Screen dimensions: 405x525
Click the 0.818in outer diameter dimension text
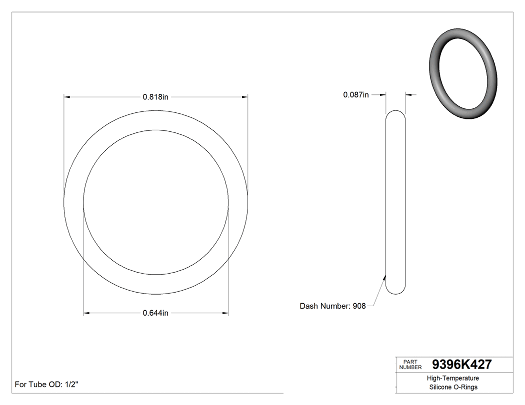[x=155, y=97]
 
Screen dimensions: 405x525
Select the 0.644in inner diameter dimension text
[x=155, y=313]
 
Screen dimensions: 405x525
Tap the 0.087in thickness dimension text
[x=355, y=94]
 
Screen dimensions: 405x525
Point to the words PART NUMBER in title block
[x=410, y=365]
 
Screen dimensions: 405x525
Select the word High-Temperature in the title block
[x=453, y=378]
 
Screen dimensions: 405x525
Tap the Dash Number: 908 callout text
[x=332, y=306]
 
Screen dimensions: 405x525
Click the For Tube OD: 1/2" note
[x=46, y=385]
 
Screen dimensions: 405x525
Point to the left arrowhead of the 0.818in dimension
[x=67, y=97]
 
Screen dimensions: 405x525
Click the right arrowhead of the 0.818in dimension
[x=244, y=97]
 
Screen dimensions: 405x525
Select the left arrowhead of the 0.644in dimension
[x=86, y=313]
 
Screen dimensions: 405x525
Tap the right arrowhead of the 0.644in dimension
[x=225, y=313]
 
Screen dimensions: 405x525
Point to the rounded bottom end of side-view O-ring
[x=395, y=292]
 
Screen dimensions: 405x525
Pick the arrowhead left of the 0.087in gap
[x=382, y=94]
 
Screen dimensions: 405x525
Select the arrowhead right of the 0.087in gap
[x=408, y=94]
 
